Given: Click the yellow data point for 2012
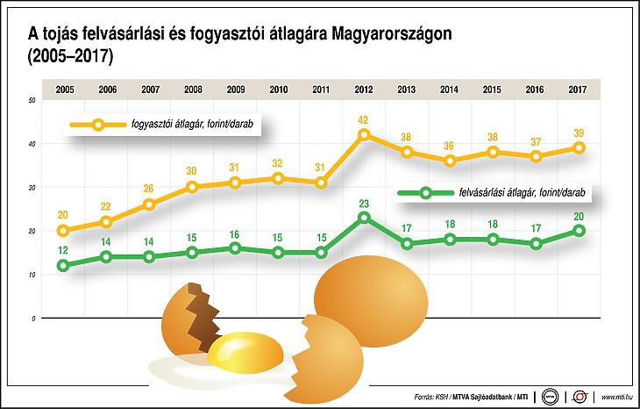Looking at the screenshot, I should click(x=364, y=135).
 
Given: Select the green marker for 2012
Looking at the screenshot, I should click(x=364, y=217).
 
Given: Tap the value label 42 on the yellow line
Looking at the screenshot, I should click(x=364, y=118).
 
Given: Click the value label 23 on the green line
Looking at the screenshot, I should click(x=364, y=201).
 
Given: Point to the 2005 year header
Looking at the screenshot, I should click(x=63, y=90).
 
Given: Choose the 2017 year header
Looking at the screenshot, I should click(x=578, y=90).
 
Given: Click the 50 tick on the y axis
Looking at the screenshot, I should click(x=32, y=101).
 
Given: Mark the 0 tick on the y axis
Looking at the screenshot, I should click(x=32, y=319).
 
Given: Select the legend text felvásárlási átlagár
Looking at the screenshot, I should click(x=521, y=191).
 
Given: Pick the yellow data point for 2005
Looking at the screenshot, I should click(x=63, y=231).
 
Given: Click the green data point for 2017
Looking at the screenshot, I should click(x=578, y=231).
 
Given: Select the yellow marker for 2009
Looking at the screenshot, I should click(x=235, y=183).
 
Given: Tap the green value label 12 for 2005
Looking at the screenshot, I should click(x=63, y=248).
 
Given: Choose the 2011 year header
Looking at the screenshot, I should click(x=321, y=90).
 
